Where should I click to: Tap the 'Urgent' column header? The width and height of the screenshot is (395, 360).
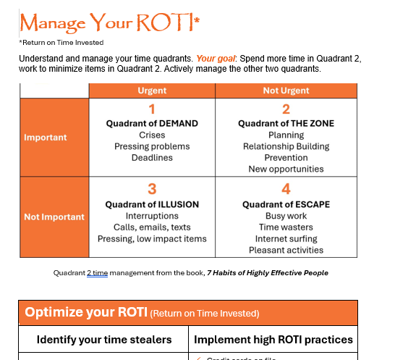152,91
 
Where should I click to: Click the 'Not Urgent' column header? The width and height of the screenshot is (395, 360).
286,91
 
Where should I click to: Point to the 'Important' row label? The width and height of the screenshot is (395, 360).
45,138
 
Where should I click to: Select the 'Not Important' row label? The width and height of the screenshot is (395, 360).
54,217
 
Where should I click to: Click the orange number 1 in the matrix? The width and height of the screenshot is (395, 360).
152,110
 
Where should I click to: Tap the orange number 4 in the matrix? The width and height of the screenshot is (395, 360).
286,190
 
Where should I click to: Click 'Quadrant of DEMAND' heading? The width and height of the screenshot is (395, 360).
152,124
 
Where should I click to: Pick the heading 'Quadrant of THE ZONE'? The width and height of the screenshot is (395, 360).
286,124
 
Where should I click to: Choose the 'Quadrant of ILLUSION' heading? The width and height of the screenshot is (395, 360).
152,204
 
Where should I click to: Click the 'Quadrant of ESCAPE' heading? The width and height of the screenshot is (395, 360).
286,204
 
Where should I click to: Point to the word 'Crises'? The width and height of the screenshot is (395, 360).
152,135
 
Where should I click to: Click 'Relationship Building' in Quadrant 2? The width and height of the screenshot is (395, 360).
286,146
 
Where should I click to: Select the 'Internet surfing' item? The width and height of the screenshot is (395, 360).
286,239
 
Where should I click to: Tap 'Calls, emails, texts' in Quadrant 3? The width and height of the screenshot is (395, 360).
152,227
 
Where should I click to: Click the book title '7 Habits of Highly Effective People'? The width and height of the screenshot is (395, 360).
268,273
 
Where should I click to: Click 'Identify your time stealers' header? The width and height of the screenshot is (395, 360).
104,339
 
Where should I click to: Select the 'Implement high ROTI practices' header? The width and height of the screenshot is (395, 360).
273,339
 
